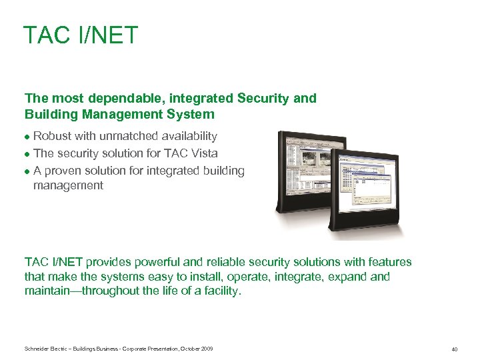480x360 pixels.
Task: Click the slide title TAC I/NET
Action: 80,35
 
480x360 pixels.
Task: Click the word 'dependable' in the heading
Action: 109,99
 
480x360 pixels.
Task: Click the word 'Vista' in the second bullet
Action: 204,153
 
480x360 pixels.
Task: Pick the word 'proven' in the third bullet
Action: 62,171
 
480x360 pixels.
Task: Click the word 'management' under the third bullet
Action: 68,185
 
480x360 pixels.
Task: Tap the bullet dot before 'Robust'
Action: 27,137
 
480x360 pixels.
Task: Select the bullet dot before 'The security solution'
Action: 27,154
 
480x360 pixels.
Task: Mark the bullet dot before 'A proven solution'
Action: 27,171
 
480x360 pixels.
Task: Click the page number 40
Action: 454,349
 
